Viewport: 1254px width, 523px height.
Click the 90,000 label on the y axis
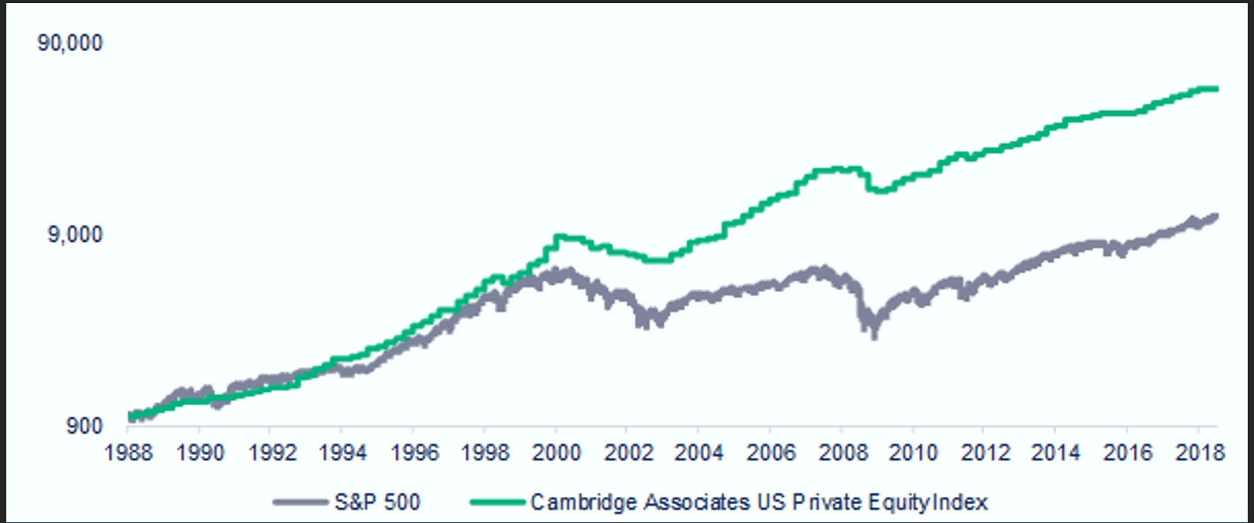[70, 43]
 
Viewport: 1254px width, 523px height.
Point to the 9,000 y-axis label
[75, 235]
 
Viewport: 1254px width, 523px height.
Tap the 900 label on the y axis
[84, 426]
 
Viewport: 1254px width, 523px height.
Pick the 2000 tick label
[555, 454]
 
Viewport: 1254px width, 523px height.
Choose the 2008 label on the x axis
[841, 454]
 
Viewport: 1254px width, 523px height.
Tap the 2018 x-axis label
[1197, 454]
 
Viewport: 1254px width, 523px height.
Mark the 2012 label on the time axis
[984, 454]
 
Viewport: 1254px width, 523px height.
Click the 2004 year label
[698, 454]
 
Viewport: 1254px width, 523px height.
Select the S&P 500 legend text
[377, 502]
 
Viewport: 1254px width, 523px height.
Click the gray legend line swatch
[300, 502]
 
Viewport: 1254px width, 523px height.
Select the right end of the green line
[1216, 89]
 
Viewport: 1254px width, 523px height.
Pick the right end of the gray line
[1216, 216]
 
